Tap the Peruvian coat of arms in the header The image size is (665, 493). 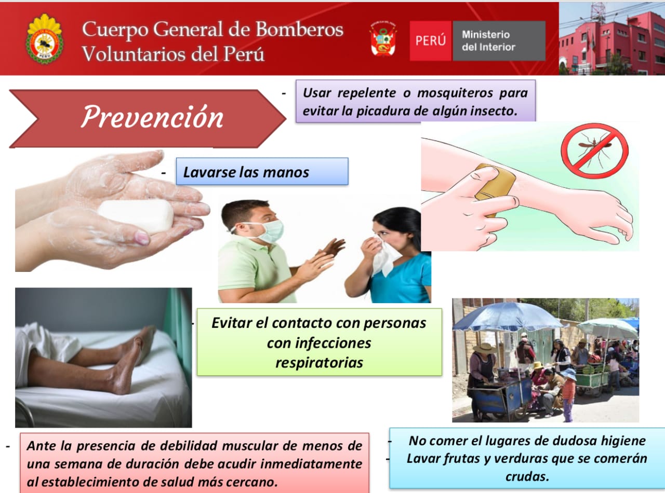(383, 39)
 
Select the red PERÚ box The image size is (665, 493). (431, 40)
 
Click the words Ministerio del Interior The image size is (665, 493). (488, 40)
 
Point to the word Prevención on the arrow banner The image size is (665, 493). (152, 117)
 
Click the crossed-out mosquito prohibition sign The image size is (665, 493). (594, 151)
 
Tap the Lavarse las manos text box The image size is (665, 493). (262, 171)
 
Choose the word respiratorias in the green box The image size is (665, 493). (319, 363)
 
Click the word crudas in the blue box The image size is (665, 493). (527, 476)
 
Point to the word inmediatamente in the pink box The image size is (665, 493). (311, 464)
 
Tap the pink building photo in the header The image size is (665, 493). (612, 39)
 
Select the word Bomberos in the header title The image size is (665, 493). (299, 30)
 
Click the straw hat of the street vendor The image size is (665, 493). (484, 348)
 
